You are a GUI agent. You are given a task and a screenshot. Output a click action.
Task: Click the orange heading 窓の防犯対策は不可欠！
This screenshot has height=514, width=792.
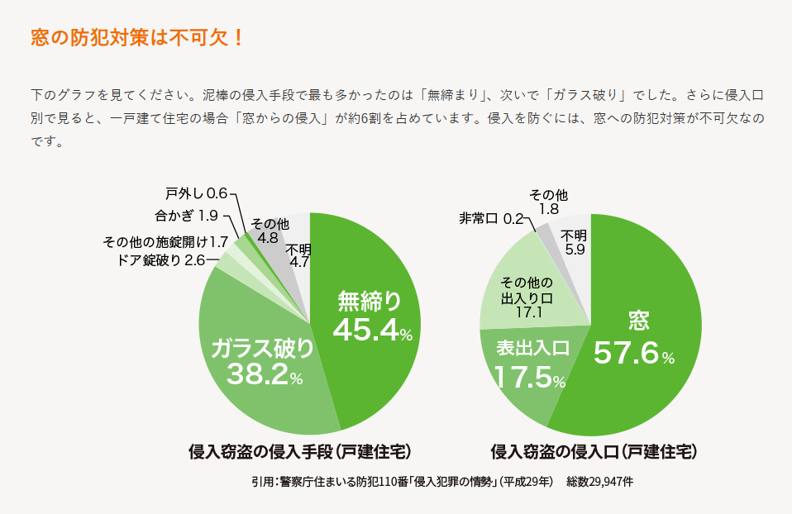(137, 38)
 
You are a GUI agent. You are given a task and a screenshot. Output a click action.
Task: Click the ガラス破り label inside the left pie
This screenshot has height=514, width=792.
(262, 349)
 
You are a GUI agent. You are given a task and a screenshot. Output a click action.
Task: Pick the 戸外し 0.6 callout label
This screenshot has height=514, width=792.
(196, 194)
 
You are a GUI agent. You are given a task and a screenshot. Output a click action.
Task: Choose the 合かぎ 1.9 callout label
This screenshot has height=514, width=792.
(186, 217)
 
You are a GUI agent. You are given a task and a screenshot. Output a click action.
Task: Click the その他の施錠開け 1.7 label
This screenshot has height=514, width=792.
(165, 242)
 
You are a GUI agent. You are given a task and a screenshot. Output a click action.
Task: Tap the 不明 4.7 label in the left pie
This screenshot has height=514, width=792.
(299, 256)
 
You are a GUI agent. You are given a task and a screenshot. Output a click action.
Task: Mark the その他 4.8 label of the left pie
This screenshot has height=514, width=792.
(269, 231)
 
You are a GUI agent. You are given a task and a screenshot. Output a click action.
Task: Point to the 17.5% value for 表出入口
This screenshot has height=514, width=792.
(529, 377)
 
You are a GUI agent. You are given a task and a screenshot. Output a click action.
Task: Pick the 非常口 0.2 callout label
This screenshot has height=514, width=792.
(491, 219)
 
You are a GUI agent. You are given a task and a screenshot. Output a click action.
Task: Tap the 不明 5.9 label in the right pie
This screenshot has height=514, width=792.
(575, 241)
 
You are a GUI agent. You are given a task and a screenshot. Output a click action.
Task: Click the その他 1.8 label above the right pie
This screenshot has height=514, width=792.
(549, 202)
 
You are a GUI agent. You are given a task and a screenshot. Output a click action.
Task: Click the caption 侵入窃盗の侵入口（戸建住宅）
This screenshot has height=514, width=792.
(594, 452)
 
